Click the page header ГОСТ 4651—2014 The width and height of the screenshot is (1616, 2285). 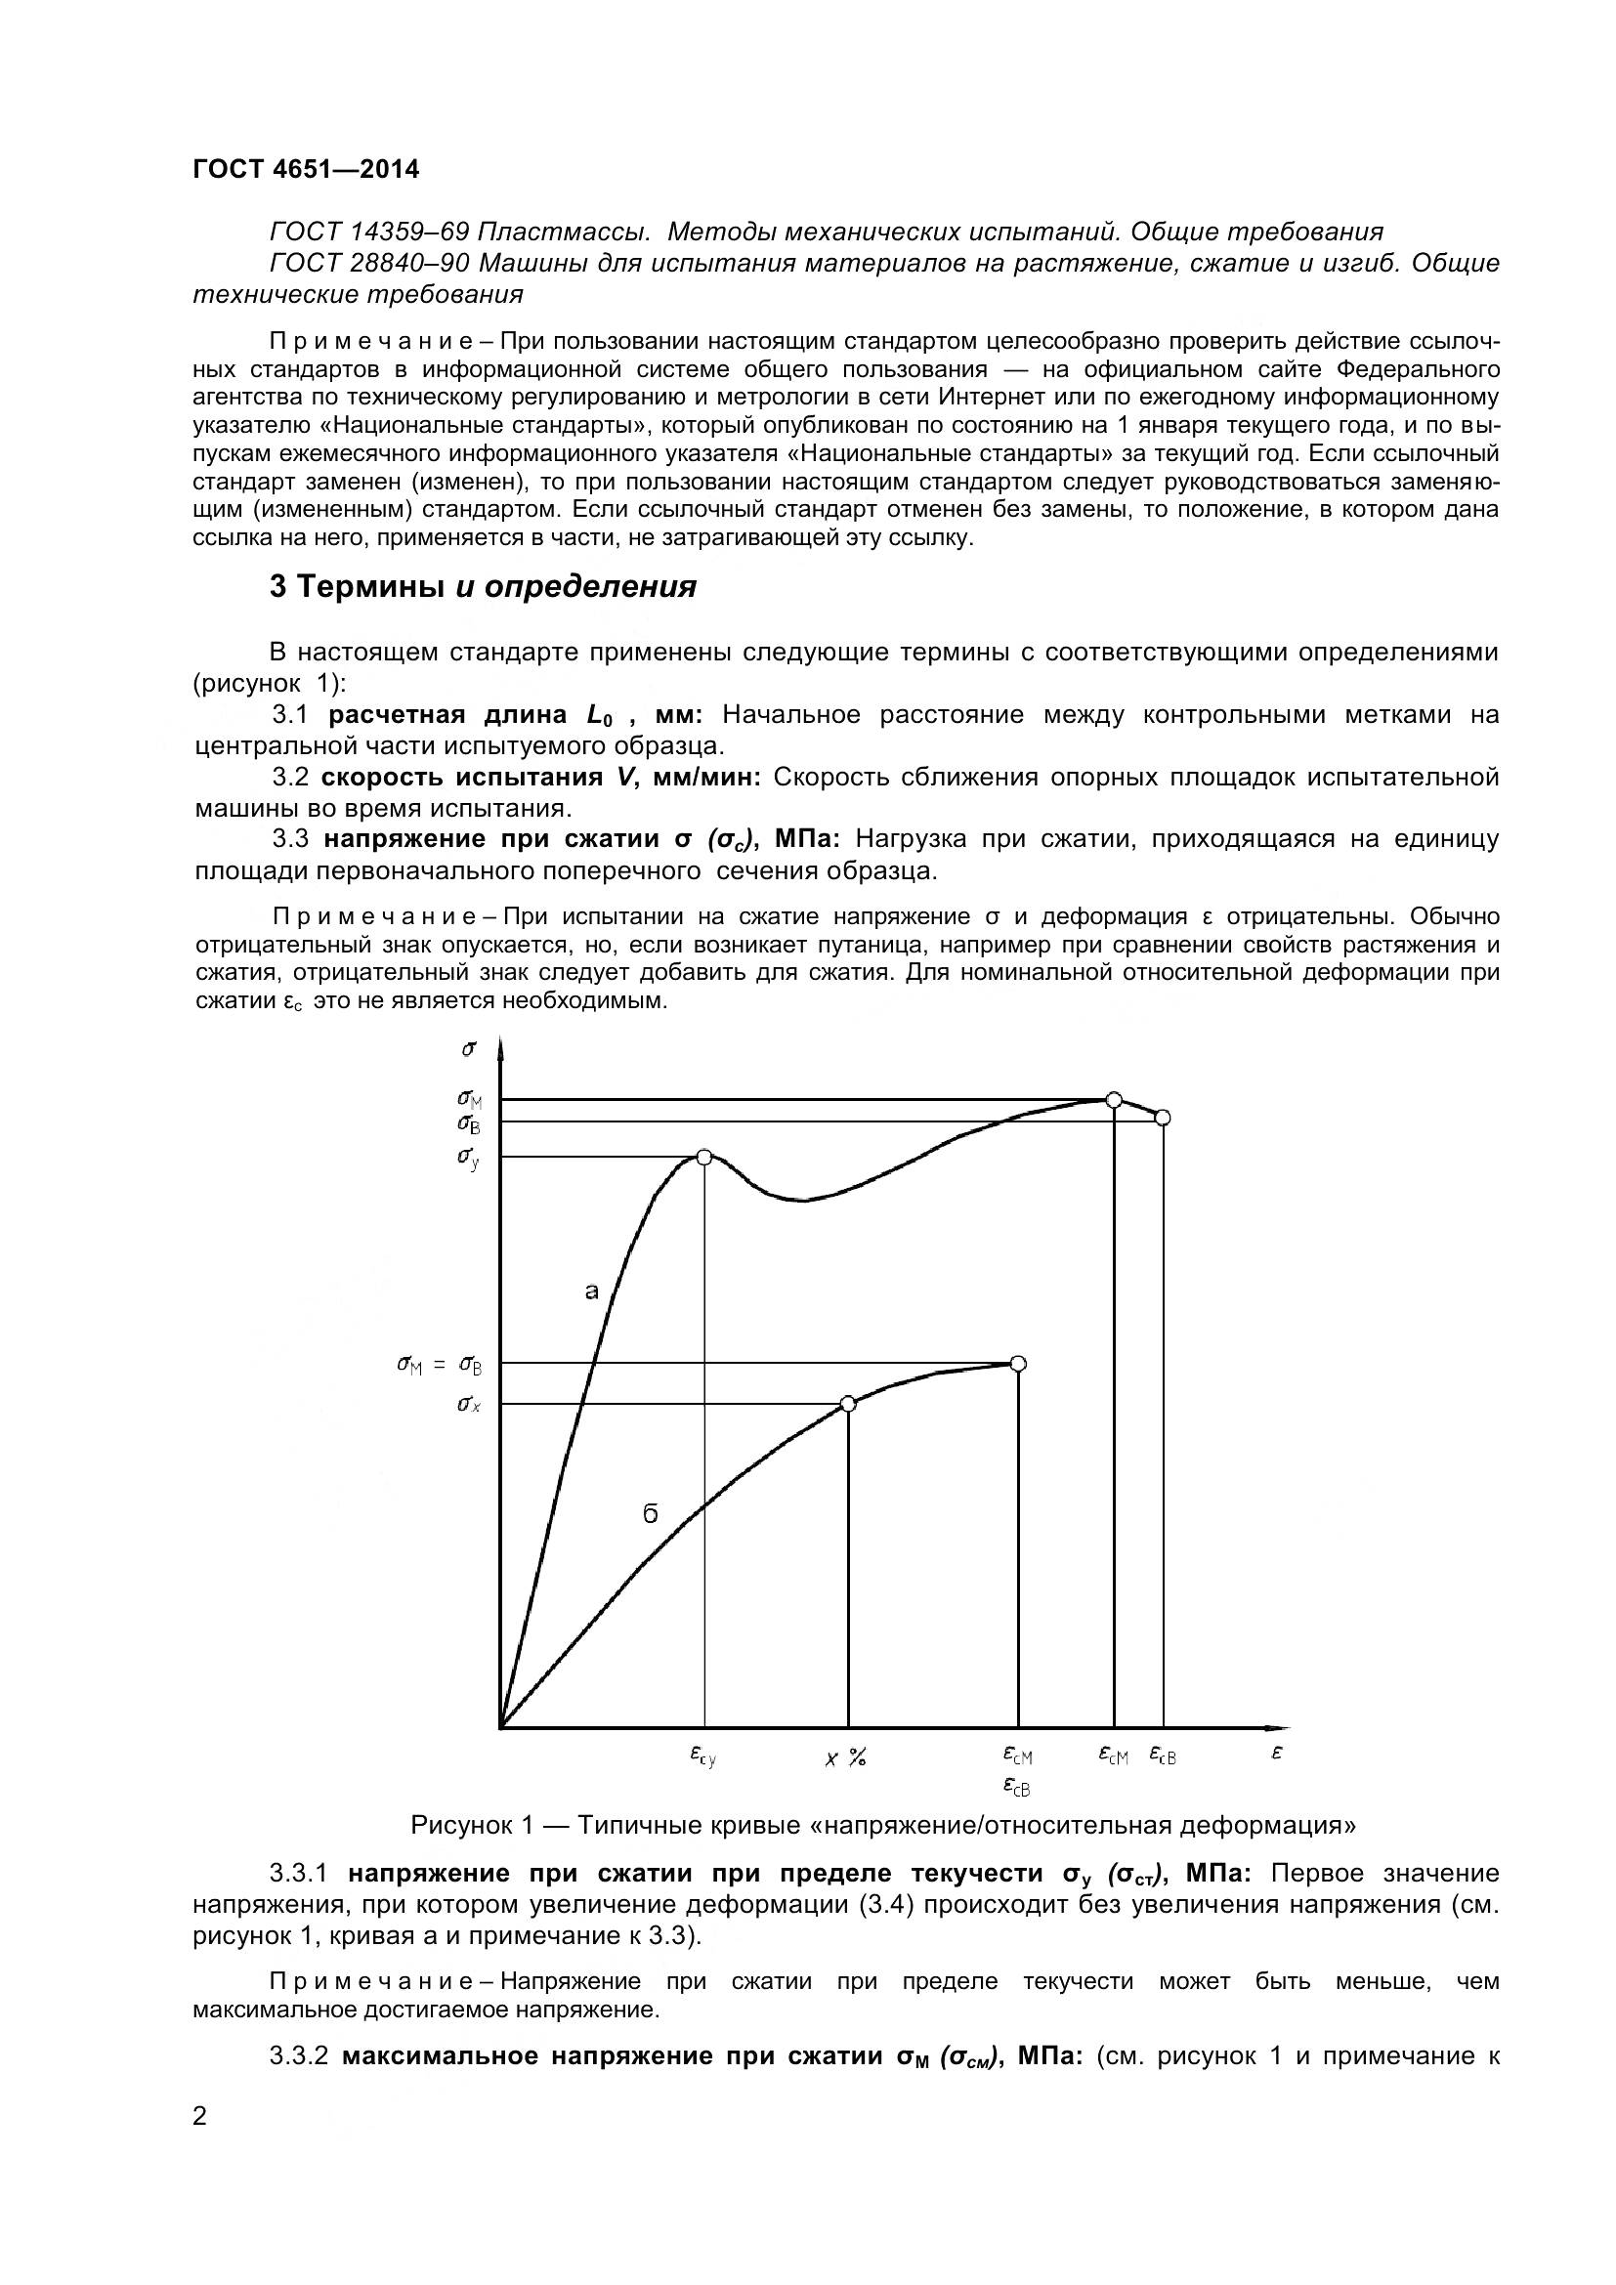point(306,169)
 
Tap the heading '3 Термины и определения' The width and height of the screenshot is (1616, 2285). point(483,586)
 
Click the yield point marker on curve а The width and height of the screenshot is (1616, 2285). point(704,1157)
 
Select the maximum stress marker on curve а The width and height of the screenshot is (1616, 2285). point(1115,1100)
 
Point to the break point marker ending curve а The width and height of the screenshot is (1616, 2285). point(1163,1118)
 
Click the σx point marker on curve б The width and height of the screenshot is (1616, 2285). point(848,1403)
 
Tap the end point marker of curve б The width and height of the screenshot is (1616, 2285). point(1018,1364)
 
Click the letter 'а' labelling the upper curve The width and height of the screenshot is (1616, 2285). point(591,1291)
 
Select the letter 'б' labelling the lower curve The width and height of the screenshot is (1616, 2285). point(650,1513)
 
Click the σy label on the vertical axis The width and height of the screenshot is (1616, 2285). point(469,1159)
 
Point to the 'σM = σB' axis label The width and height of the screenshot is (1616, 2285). point(439,1366)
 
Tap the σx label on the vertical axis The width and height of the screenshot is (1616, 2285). point(469,1404)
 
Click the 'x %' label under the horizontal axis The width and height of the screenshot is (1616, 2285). point(846,1758)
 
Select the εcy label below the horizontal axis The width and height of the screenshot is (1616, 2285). point(702,1757)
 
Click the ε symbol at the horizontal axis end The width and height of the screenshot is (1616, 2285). point(1277,1754)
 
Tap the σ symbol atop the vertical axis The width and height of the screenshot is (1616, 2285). point(469,1048)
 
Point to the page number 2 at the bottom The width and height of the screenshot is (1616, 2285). point(200,2116)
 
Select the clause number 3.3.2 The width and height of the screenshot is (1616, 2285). point(299,2056)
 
